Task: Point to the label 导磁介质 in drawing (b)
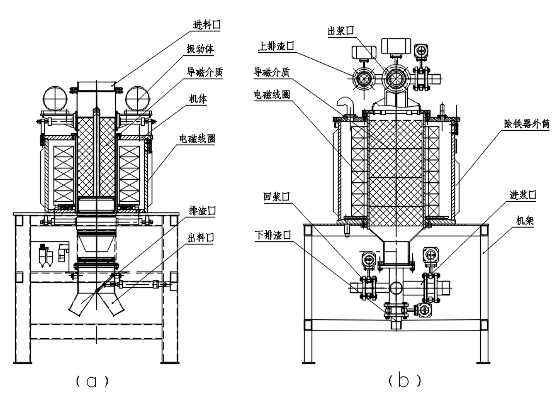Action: click(x=273, y=72)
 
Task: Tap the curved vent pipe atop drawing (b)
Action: click(x=344, y=104)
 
